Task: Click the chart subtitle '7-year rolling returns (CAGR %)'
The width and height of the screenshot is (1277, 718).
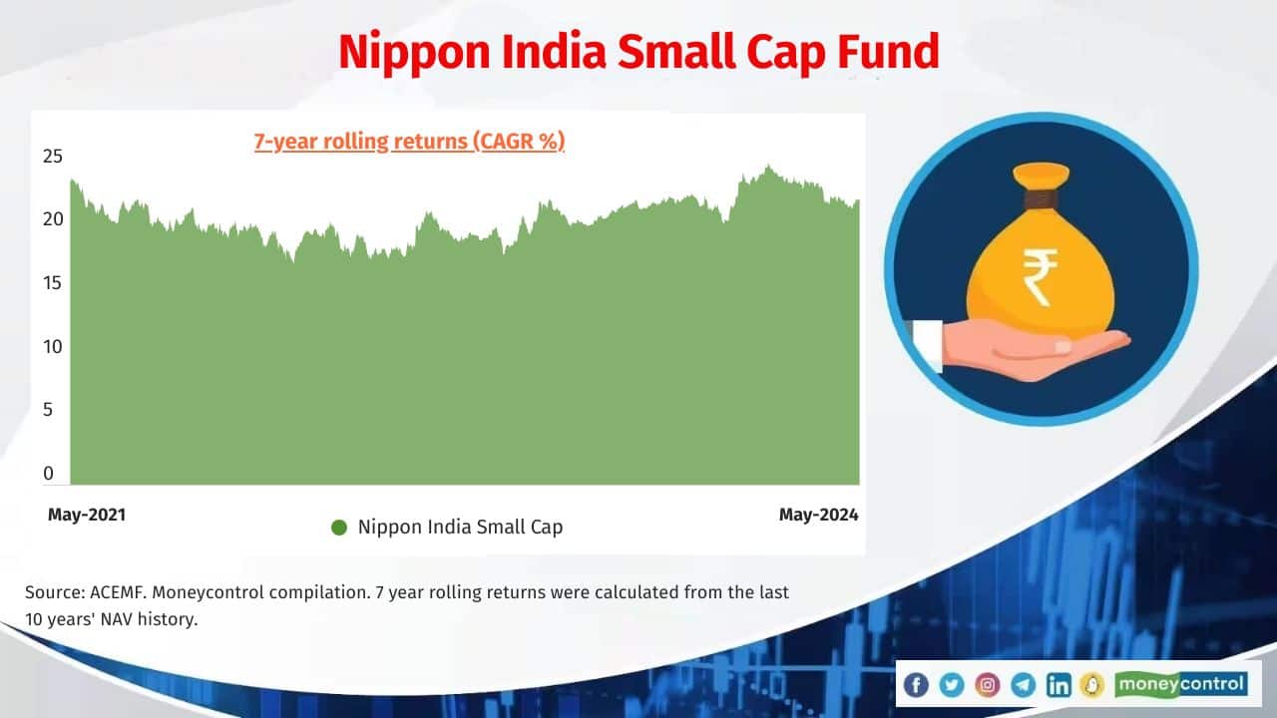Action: pos(409,142)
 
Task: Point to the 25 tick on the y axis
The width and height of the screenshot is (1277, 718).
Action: pos(53,156)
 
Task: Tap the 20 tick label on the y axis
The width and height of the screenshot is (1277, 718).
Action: pos(53,218)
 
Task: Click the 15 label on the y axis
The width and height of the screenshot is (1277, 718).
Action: pos(53,283)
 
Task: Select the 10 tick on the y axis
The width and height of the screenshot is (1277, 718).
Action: pos(53,347)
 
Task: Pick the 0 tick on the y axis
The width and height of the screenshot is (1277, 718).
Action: pos(49,474)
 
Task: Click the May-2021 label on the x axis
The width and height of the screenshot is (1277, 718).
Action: pos(87,515)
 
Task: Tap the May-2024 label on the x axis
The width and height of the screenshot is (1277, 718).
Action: pos(818,515)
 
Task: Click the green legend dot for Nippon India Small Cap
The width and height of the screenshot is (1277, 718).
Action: pos(339,528)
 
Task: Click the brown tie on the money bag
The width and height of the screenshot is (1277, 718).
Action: pos(1040,199)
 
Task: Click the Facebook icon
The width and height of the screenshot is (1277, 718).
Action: pos(916,684)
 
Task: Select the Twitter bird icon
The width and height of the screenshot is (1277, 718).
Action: pos(952,684)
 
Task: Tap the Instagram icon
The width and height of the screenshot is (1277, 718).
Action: pos(988,684)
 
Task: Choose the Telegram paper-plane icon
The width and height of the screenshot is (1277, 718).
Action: pos(1024,684)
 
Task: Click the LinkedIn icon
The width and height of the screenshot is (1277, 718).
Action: pos(1059,684)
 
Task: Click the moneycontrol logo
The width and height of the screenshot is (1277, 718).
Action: pos(1181,684)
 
